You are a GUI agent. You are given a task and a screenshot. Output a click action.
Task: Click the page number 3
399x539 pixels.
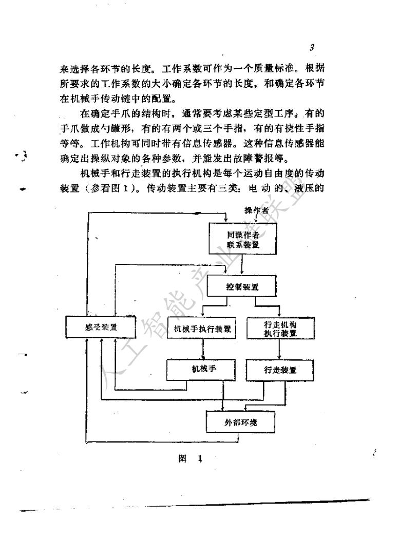click(x=312, y=47)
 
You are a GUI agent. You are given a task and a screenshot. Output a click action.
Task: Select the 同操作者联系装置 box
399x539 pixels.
click(x=243, y=239)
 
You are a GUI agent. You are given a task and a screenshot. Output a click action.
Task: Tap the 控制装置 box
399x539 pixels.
click(x=242, y=286)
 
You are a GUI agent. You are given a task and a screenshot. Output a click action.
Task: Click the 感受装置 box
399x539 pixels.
click(x=101, y=327)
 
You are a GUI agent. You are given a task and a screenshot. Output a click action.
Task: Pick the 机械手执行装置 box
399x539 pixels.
click(x=202, y=328)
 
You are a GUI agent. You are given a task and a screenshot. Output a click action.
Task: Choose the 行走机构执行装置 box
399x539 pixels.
click(x=281, y=329)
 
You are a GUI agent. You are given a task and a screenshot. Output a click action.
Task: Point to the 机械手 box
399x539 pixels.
click(x=201, y=370)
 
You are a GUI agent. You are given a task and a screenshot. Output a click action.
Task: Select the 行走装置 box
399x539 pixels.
click(x=280, y=370)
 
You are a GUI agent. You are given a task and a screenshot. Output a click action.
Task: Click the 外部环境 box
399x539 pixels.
click(x=240, y=422)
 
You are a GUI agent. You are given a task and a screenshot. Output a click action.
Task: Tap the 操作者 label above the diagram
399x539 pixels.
click(x=257, y=210)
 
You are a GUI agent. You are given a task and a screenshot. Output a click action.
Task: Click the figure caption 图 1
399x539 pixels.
click(x=190, y=458)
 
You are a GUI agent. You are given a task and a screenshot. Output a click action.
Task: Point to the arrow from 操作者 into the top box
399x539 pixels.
click(x=255, y=219)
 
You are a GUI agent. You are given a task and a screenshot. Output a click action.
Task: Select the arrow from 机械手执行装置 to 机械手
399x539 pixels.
click(x=202, y=349)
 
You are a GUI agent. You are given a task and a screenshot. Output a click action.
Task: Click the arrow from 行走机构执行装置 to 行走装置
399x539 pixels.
click(x=279, y=350)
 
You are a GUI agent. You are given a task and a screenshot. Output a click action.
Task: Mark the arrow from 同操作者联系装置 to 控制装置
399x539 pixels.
click(x=242, y=265)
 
